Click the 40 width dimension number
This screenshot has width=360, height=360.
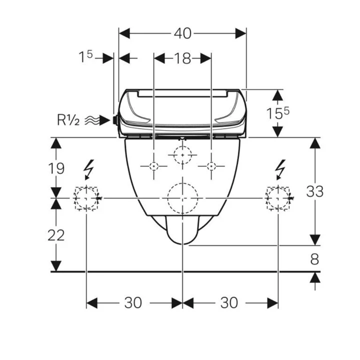182,33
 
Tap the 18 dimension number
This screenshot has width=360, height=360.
182,58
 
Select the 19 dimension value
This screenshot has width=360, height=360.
56,168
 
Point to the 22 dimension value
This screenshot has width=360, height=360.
56,235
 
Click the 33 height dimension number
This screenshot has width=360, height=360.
315,191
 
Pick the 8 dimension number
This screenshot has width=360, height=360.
314,259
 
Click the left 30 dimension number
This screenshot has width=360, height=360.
133,302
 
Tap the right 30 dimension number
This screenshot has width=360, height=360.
229,302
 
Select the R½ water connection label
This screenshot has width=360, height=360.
68,120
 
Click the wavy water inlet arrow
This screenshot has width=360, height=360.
97,120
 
